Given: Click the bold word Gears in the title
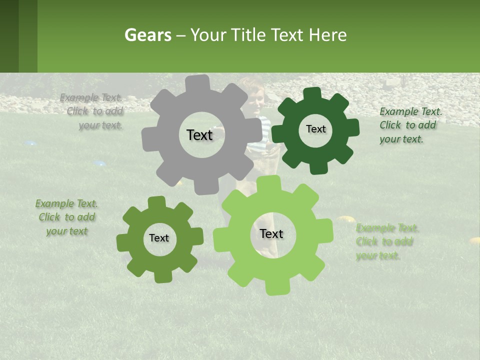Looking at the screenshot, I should click(x=147, y=35).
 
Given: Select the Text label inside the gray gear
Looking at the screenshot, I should click(x=199, y=135).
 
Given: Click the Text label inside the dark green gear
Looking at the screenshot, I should click(x=315, y=129).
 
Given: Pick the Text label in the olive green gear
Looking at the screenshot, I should click(x=159, y=238).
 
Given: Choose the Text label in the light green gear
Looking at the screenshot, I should click(x=271, y=233).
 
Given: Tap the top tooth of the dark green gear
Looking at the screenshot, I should click(x=312, y=93).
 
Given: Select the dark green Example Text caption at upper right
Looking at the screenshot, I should click(x=410, y=125).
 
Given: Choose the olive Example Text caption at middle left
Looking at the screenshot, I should click(x=66, y=217).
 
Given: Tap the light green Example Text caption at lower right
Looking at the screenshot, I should click(x=387, y=242).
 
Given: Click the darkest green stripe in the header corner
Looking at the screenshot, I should click(x=9, y=36).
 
